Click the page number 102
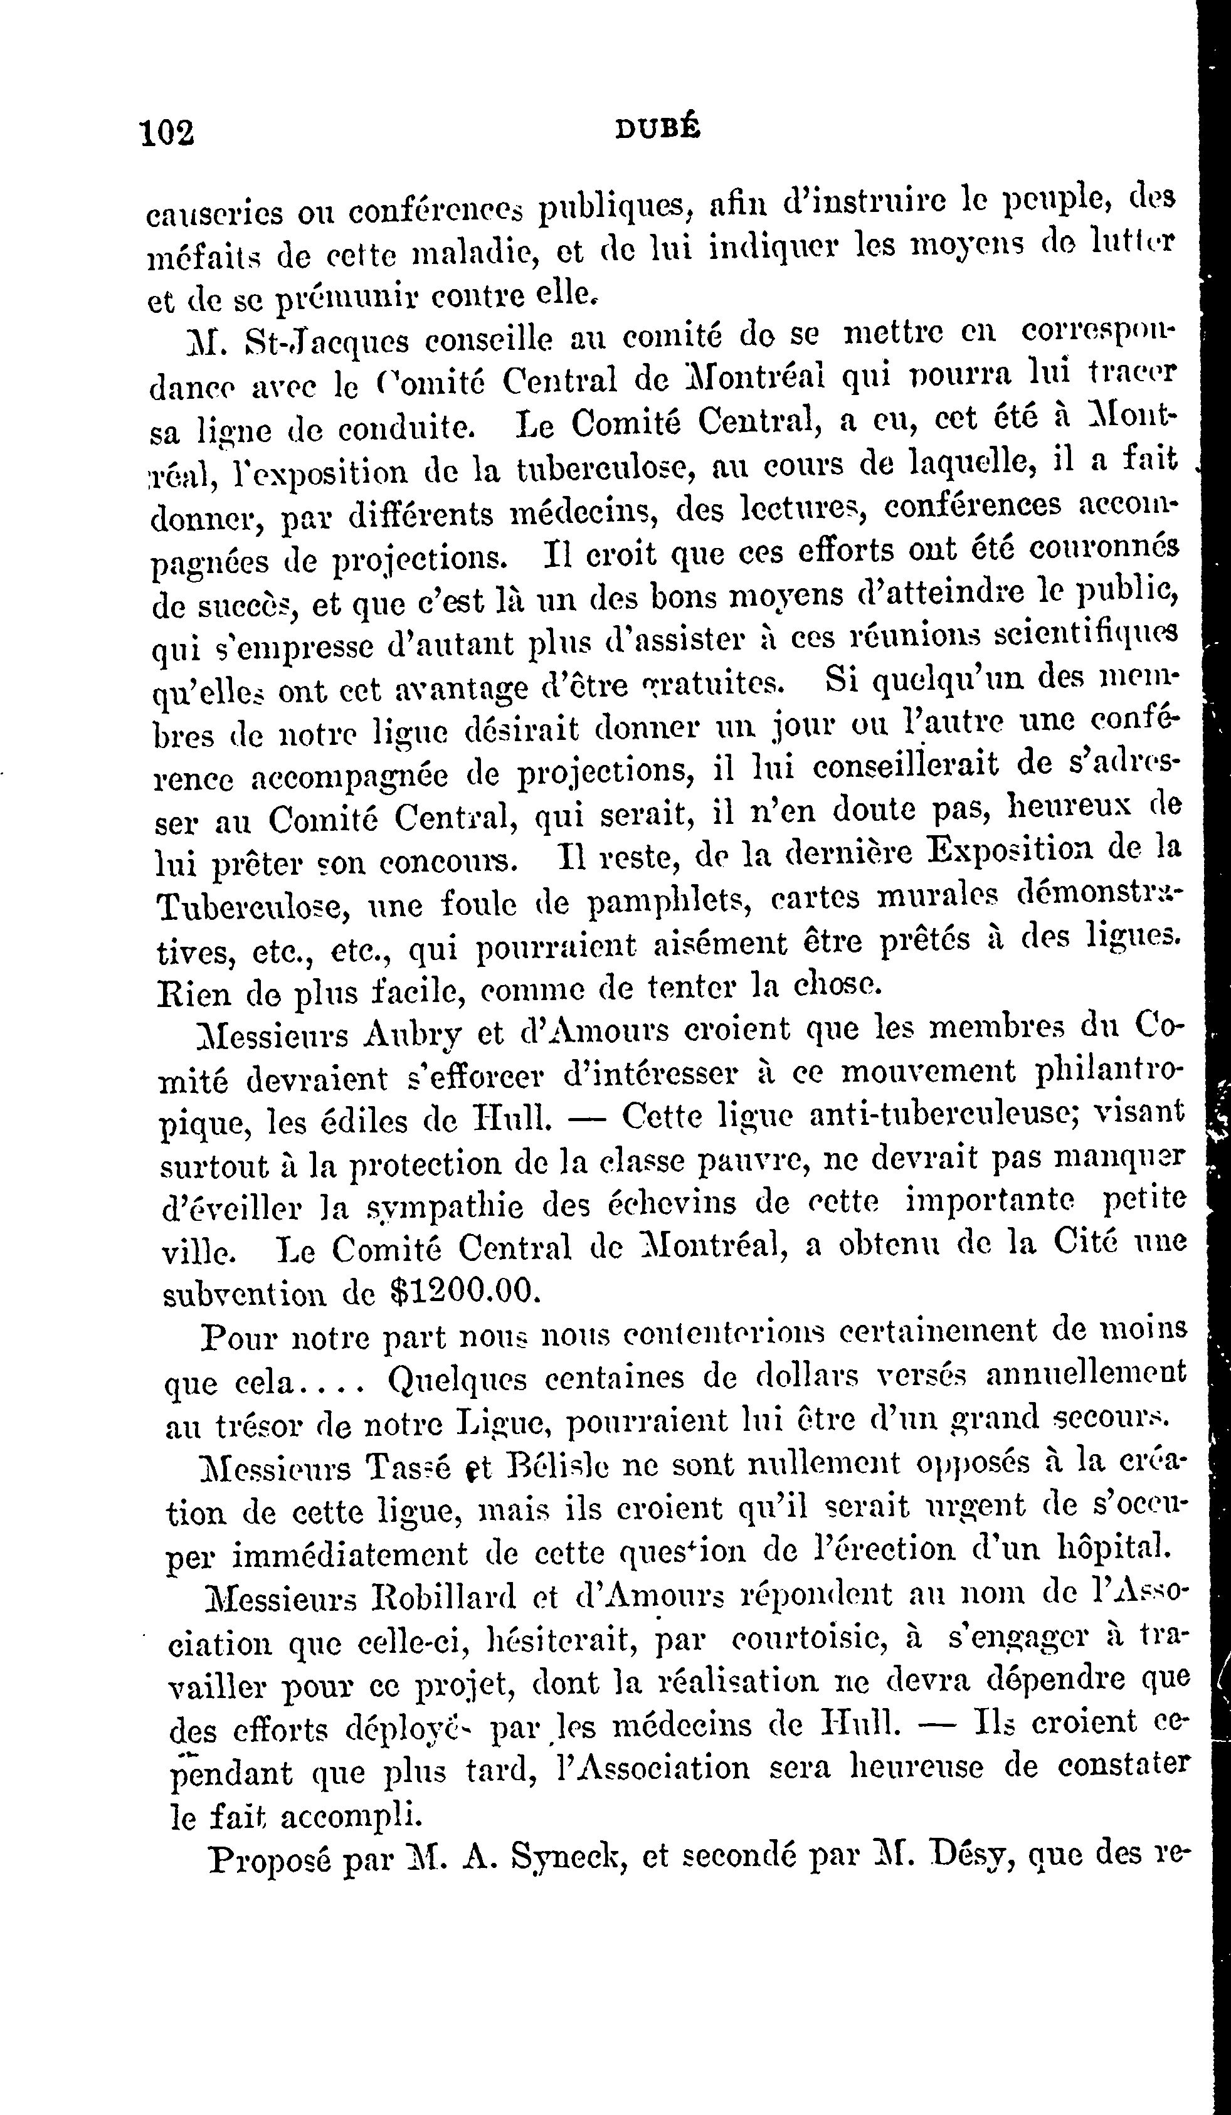click(169, 132)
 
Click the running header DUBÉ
click(658, 129)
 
